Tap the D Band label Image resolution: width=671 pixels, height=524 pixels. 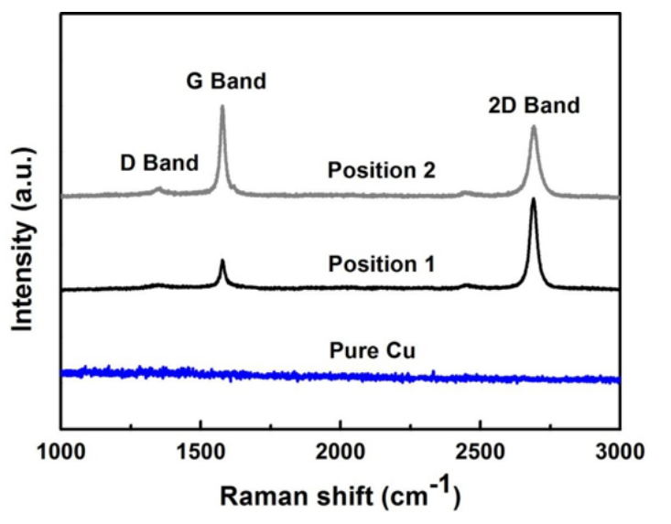pos(159,164)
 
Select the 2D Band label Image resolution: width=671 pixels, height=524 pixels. pos(534,105)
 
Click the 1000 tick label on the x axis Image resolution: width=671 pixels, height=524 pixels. pos(60,450)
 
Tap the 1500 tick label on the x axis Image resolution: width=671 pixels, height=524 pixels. pos(200,450)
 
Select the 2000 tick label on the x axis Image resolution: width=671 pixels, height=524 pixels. pos(341,450)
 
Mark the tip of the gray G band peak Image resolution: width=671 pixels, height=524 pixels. pos(222,107)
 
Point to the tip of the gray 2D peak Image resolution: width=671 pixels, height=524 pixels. pos(534,127)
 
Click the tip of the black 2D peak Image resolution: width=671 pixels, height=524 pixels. pos(534,199)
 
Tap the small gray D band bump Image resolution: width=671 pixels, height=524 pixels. pos(158,189)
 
